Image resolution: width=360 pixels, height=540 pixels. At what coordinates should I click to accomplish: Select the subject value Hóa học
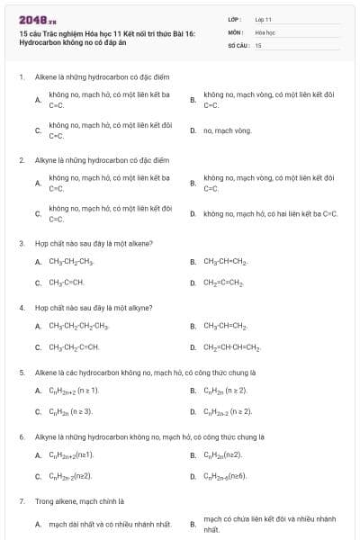(265, 31)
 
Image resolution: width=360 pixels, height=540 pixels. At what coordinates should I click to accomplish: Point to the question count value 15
(258, 44)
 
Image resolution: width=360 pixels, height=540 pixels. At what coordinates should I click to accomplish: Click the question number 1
(21, 77)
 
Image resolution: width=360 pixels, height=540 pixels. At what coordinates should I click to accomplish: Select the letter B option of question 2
(193, 184)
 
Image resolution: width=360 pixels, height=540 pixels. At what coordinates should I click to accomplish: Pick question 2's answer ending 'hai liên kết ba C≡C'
(270, 214)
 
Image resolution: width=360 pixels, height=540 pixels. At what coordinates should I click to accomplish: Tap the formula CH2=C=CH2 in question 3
(223, 283)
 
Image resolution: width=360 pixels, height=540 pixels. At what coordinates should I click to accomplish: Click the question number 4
(21, 307)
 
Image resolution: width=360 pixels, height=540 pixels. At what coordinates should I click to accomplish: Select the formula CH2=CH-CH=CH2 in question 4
(231, 346)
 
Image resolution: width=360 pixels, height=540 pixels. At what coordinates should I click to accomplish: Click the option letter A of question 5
(38, 390)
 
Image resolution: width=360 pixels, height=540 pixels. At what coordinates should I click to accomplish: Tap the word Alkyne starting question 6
(45, 436)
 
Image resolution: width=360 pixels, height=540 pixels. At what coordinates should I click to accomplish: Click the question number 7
(21, 499)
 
